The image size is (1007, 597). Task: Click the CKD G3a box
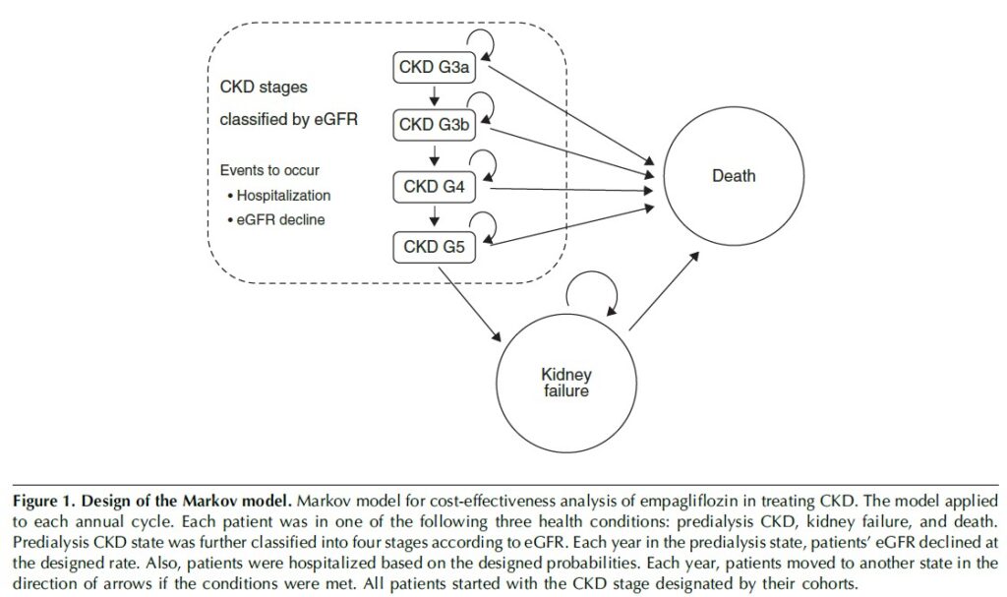pyautogui.click(x=434, y=68)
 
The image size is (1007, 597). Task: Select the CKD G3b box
pyautogui.click(x=434, y=126)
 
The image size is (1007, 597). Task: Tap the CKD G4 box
pyautogui.click(x=434, y=186)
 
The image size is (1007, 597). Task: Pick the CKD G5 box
pyautogui.click(x=434, y=246)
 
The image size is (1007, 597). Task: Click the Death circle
pyautogui.click(x=734, y=176)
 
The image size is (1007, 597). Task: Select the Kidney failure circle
pyautogui.click(x=565, y=384)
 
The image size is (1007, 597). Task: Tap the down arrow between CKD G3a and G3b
pyautogui.click(x=433, y=97)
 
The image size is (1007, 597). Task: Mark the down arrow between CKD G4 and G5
pyautogui.click(x=433, y=216)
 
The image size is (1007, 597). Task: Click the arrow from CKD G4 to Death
pyautogui.click(x=565, y=189)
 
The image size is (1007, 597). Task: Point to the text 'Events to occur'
pyautogui.click(x=269, y=170)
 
